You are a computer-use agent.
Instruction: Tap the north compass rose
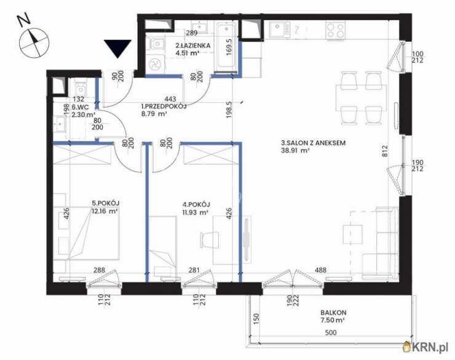(34, 43)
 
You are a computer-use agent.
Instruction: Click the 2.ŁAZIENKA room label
(193, 45)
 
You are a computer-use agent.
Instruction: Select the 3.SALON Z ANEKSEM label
(313, 143)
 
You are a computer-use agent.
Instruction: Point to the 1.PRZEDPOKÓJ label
(164, 106)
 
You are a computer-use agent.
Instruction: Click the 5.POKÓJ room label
(106, 203)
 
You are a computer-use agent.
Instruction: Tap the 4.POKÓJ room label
(196, 205)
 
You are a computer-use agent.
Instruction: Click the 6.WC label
(80, 107)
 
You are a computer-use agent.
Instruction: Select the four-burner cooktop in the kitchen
(335, 31)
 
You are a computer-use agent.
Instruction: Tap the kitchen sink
(279, 30)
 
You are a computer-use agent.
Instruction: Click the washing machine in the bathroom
(155, 64)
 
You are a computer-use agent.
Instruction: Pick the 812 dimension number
(385, 151)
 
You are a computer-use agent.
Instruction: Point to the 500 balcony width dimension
(331, 332)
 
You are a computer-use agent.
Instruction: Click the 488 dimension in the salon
(320, 270)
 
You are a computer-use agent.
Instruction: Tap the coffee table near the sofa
(352, 234)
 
